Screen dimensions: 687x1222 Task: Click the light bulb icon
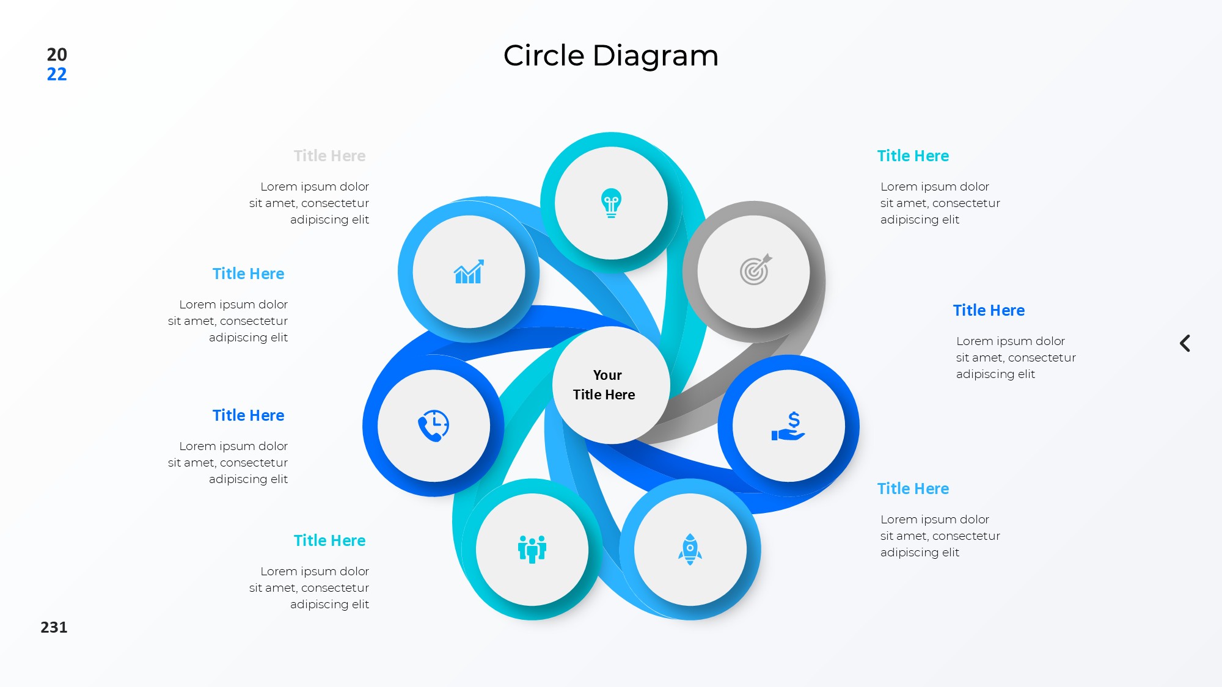[611, 203]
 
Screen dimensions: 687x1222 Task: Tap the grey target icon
[755, 270]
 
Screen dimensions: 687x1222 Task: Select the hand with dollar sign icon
[788, 426]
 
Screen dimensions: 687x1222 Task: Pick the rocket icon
[690, 549]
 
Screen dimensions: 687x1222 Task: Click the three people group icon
[532, 549]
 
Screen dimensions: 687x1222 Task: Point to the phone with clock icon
[433, 426]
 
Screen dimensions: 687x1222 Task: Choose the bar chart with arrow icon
[469, 272]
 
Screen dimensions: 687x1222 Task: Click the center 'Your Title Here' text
[605, 385]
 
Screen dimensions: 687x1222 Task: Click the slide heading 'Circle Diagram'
[610, 56]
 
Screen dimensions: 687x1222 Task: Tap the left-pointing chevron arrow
[1185, 343]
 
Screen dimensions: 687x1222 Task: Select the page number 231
[54, 627]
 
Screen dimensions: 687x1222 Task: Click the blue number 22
[57, 75]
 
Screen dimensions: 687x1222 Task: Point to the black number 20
[57, 54]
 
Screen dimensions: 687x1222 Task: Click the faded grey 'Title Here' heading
[329, 156]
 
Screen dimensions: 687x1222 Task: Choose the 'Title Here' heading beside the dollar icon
[989, 310]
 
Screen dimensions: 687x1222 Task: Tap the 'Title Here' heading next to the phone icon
[248, 415]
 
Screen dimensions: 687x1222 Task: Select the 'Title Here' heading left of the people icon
[329, 540]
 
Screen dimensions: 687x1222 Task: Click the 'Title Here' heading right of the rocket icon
[913, 489]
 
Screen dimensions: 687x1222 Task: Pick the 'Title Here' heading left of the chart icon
[248, 274]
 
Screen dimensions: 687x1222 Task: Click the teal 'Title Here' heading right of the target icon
[913, 156]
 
